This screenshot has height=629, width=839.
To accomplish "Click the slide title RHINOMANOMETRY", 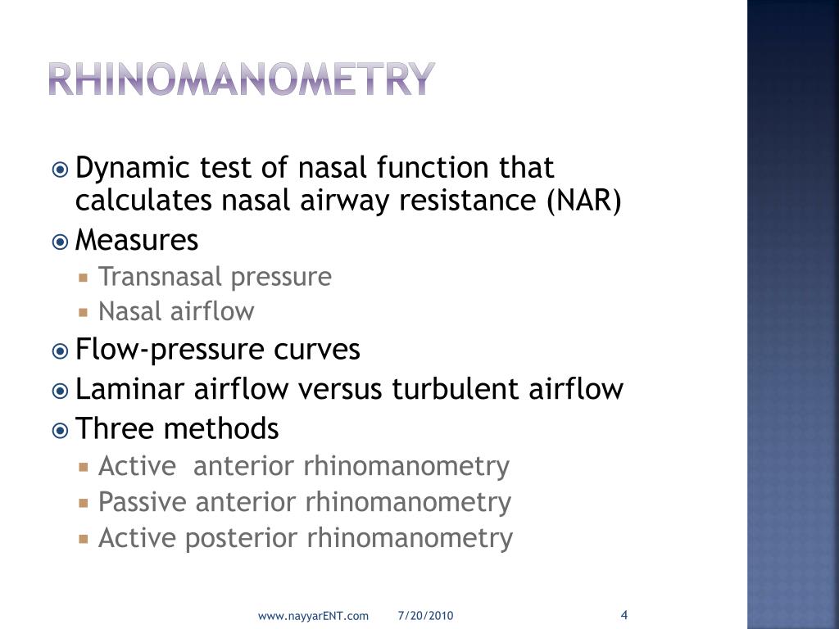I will coord(239,79).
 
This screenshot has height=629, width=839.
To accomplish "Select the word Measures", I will coord(137,241).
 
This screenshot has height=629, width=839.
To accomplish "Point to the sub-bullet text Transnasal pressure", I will coord(215,277).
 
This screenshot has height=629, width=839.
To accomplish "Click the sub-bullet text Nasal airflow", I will coord(176,312).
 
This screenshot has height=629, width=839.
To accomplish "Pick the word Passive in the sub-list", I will coord(143,502).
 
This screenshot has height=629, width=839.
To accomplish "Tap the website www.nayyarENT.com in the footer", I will coord(313,616).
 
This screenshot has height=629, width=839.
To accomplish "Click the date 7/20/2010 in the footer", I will coord(426,616).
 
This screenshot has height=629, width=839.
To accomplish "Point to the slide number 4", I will coord(624,615).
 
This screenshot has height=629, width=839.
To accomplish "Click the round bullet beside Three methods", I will coord(61,429).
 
